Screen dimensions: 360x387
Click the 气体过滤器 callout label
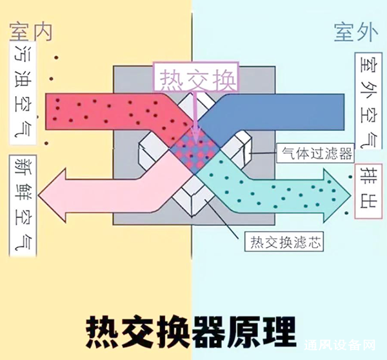point(314,154)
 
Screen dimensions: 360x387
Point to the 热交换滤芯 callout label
point(284,243)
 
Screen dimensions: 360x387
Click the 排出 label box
point(366,191)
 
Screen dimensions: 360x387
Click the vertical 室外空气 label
point(366,100)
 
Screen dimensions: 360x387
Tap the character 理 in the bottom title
point(278,331)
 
